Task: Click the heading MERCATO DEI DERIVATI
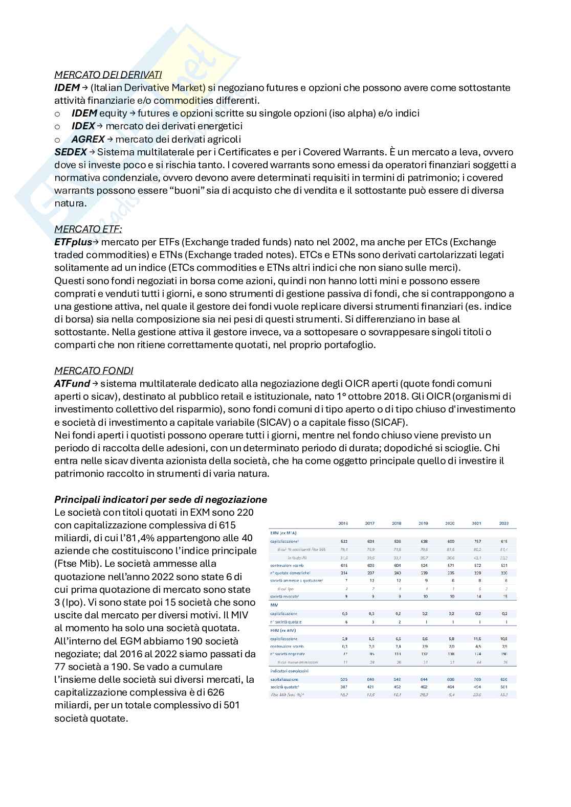click(x=108, y=75)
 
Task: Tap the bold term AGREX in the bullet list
click(x=88, y=139)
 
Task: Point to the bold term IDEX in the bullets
click(x=83, y=126)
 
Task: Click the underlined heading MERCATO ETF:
click(x=88, y=229)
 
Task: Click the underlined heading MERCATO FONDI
click(x=94, y=371)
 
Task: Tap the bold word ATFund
click(x=72, y=383)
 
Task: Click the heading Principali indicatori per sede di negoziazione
click(x=161, y=499)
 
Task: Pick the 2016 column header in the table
click(x=343, y=523)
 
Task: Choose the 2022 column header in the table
click(x=504, y=523)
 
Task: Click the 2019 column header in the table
click(x=424, y=523)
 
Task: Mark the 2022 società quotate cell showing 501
click(x=504, y=687)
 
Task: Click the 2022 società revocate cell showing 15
click(x=504, y=596)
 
